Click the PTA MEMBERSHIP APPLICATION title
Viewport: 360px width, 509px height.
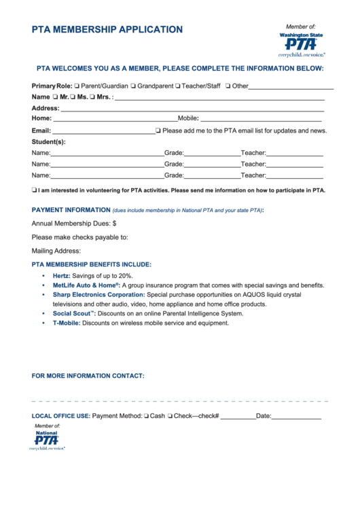pos(107,30)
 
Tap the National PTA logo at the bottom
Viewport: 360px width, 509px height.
pos(47,439)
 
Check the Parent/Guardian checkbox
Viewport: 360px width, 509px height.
pos(77,86)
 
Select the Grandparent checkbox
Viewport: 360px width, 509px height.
pos(134,86)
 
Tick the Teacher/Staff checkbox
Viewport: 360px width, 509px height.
pos(177,86)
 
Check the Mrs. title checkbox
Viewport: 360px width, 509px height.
pos(92,97)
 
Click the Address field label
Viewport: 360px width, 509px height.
pos(46,108)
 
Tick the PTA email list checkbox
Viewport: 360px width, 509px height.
pos(158,130)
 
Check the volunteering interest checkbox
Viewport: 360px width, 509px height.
pos(35,190)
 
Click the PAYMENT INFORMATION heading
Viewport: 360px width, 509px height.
pos(71,210)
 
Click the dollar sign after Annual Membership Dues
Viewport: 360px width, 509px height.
pos(114,223)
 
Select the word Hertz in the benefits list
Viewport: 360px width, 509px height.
pos(61,276)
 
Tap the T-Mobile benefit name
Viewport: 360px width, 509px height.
pos(66,323)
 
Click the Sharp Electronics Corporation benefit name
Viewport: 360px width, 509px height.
pos(98,295)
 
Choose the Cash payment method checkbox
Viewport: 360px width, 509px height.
pos(146,416)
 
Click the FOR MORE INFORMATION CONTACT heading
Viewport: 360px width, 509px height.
pos(88,376)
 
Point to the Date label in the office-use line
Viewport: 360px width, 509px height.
pos(263,416)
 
